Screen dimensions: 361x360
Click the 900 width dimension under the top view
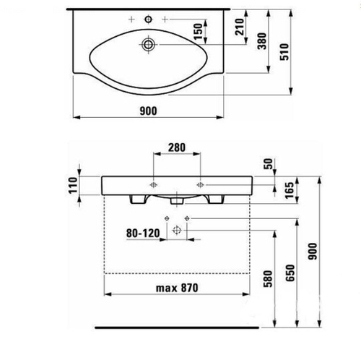[148, 111]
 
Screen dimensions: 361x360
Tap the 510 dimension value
[284, 52]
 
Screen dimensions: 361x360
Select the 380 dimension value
[262, 41]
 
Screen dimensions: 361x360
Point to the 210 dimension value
[240, 27]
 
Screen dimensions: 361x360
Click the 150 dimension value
[199, 32]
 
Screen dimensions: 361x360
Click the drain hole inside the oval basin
[148, 45]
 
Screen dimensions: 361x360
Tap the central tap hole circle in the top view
[148, 19]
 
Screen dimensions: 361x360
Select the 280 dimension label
[177, 147]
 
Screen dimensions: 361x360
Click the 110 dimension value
[73, 185]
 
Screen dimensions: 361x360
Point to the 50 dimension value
[269, 164]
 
